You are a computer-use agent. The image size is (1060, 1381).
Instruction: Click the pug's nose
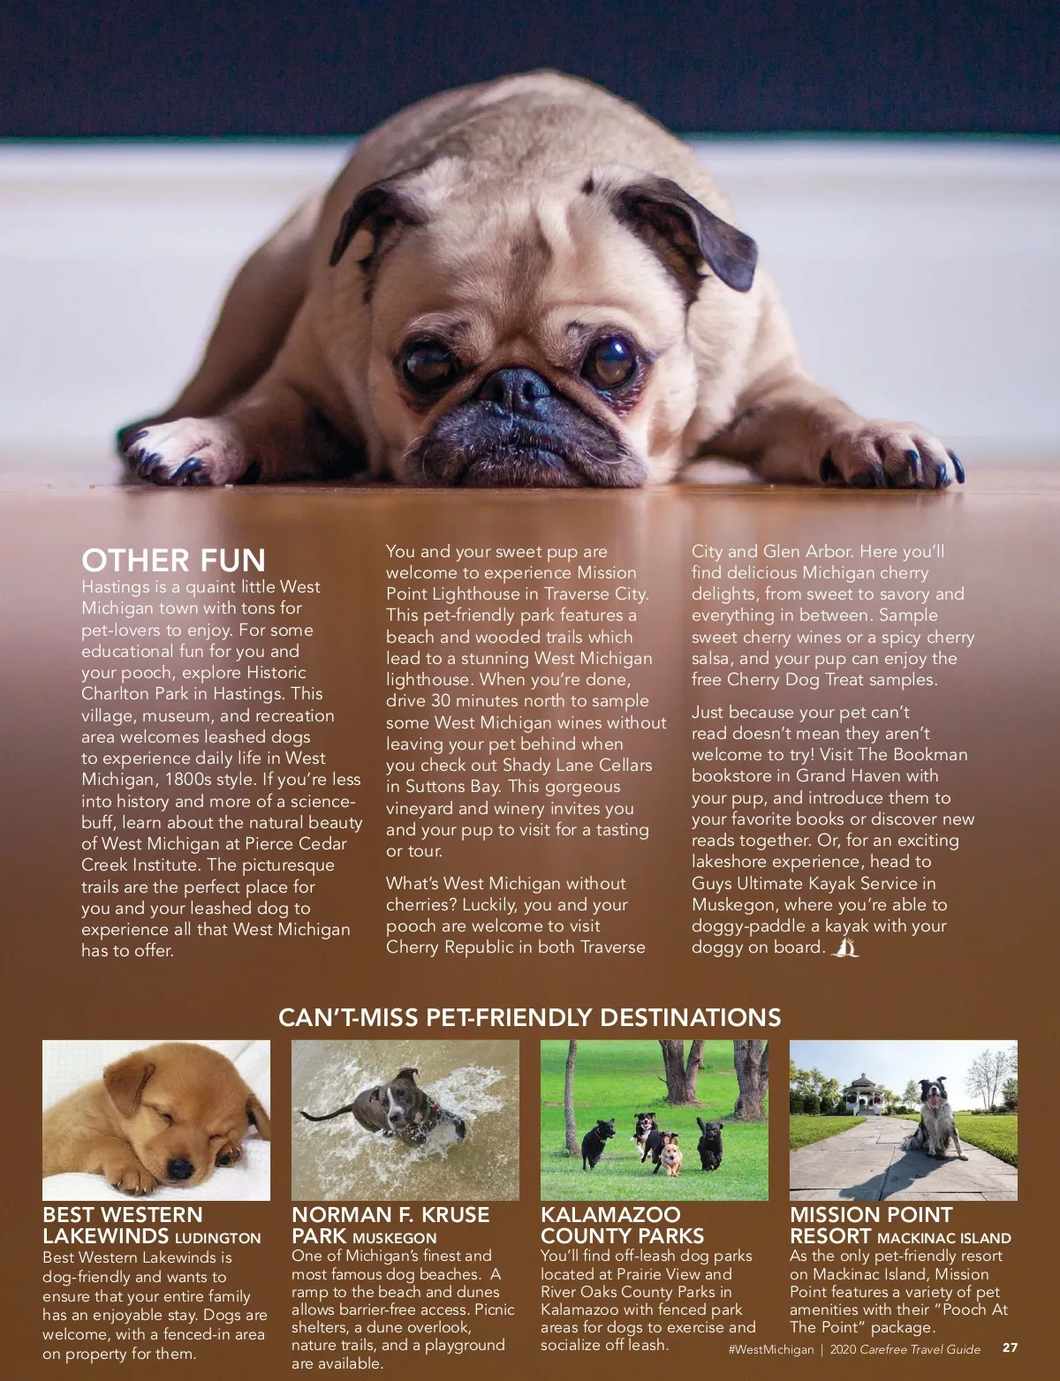tap(517, 389)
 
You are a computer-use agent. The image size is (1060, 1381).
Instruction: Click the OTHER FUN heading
tap(173, 561)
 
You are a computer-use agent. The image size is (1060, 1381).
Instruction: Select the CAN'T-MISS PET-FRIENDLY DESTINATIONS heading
tap(529, 1017)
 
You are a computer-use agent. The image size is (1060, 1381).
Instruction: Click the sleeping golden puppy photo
tap(156, 1120)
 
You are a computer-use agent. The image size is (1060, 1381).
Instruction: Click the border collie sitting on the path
tap(938, 1117)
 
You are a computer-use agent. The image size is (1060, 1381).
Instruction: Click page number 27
tap(1010, 1348)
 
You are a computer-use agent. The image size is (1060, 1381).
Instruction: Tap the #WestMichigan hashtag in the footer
tap(771, 1349)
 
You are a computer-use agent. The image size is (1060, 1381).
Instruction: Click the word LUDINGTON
tap(217, 1239)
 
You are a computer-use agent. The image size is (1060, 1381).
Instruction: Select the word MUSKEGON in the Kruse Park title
tap(394, 1239)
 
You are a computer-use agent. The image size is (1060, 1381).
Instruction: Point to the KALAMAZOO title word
tap(610, 1215)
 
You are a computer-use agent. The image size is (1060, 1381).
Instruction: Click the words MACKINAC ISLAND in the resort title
tap(943, 1239)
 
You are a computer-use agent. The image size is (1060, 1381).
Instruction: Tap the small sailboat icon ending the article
tap(845, 948)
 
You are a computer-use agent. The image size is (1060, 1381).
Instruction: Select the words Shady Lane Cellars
tap(577, 766)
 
